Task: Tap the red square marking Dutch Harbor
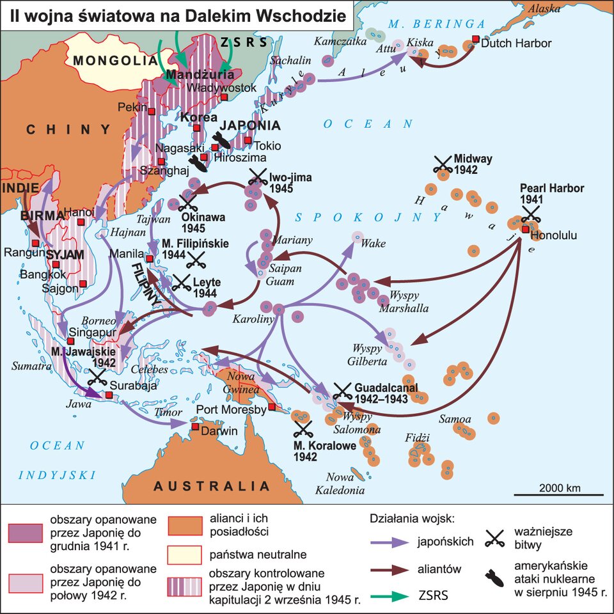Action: [475, 40]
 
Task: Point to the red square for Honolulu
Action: [525, 229]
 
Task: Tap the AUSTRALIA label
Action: [212, 486]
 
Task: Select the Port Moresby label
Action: [231, 410]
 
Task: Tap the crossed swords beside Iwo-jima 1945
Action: [257, 176]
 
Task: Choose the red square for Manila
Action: [149, 259]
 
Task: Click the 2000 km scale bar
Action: [559, 494]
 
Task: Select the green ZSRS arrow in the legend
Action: [390, 595]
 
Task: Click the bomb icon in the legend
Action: [496, 578]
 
